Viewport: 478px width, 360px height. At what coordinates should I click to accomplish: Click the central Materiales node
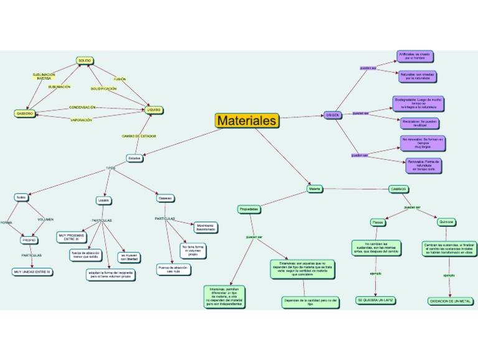coord(246,120)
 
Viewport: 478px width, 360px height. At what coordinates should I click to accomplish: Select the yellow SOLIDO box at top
coord(84,60)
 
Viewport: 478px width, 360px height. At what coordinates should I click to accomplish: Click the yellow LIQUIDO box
coord(154,110)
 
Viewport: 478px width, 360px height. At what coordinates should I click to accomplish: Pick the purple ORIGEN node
coord(332,115)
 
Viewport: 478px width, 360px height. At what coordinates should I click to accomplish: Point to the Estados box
coord(134,158)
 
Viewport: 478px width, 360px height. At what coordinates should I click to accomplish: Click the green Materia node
coord(314,188)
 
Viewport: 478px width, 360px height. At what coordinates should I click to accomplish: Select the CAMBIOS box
coord(398,188)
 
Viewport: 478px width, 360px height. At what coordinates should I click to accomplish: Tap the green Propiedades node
coord(248,209)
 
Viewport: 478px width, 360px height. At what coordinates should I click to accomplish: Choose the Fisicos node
coord(377,222)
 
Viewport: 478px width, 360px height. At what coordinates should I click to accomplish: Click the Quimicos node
coord(446,221)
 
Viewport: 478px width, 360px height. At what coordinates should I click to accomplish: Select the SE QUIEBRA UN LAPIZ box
coord(377,300)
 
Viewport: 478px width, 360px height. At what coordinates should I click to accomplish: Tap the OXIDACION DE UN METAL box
coord(451,301)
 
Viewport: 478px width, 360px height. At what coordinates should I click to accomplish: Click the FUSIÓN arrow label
coord(120,79)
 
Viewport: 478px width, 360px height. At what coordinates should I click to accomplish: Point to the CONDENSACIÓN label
coord(82,107)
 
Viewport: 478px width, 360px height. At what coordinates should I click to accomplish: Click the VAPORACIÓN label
coord(82,120)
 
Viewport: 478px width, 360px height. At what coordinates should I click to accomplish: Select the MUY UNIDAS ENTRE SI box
coord(31,272)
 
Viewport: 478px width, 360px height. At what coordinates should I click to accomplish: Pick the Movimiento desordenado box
coord(205,227)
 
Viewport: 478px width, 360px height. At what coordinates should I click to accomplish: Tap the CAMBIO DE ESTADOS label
coord(138,136)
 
